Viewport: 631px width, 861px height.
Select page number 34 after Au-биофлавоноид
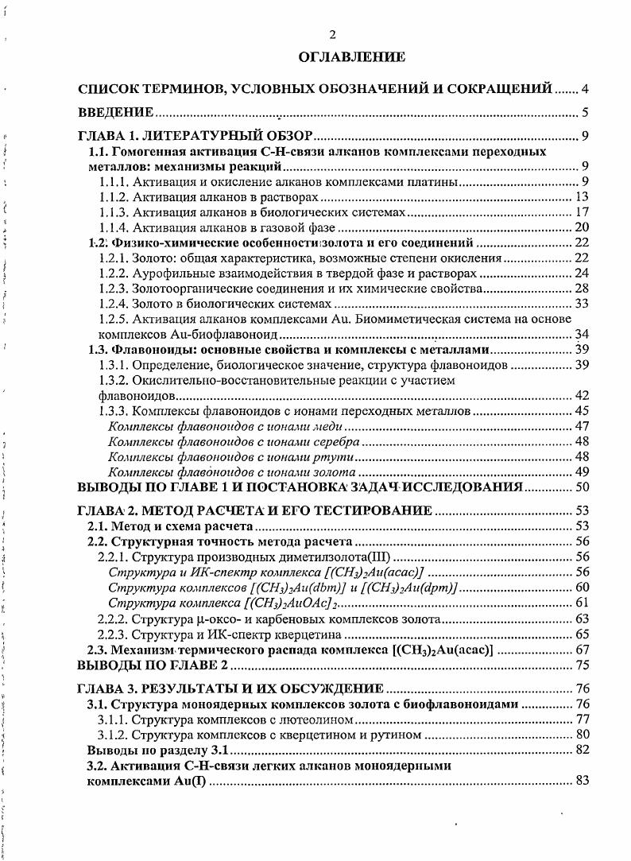tap(580, 334)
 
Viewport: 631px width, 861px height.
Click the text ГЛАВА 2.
tap(104, 510)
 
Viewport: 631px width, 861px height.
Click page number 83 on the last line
tap(580, 781)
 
